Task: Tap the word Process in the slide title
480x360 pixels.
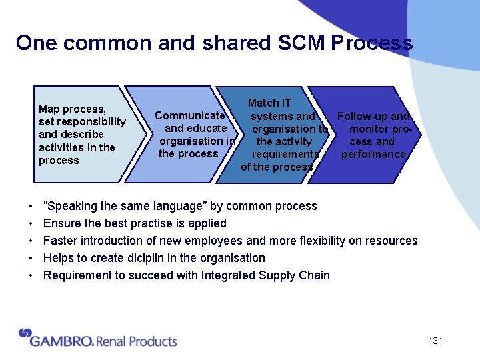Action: [x=371, y=43]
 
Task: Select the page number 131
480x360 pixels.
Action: [x=435, y=341]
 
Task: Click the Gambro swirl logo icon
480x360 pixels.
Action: [x=25, y=333]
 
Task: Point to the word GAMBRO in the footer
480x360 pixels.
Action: [x=61, y=341]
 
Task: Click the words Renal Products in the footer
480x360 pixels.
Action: [x=137, y=341]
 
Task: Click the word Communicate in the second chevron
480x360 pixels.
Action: [x=189, y=115]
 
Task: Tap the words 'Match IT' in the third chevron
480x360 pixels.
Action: [x=269, y=103]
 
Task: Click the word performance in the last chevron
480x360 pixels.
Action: [x=373, y=154]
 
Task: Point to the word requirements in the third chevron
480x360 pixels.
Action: [x=285, y=154]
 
